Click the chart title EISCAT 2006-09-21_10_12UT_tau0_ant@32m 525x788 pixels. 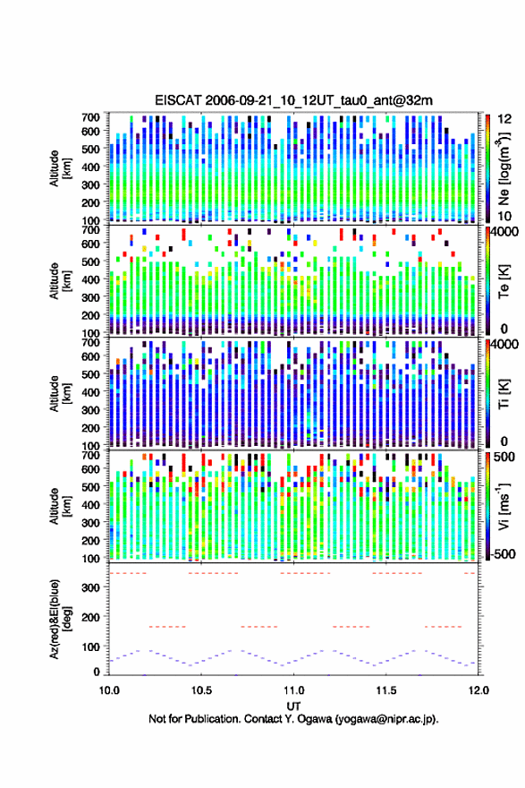[x=293, y=100]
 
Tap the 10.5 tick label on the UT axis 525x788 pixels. [x=201, y=690]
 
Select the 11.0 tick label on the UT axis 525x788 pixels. [x=293, y=690]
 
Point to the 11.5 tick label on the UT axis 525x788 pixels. [x=386, y=690]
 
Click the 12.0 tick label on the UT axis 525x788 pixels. [x=478, y=690]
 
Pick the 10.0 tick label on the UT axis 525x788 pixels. [x=109, y=690]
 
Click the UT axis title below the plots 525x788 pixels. [x=293, y=707]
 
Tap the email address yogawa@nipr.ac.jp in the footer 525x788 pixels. [x=385, y=719]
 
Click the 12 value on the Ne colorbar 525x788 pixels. [x=505, y=120]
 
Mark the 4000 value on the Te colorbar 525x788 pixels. [x=504, y=233]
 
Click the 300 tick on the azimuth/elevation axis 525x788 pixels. [x=91, y=587]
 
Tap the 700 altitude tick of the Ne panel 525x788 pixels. [x=91, y=117]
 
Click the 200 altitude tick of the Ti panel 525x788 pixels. [x=91, y=428]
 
